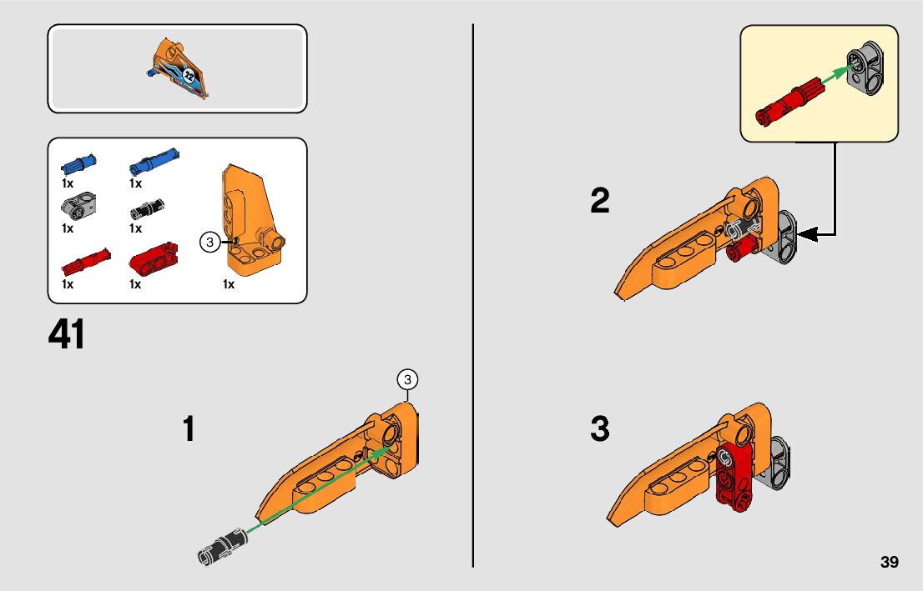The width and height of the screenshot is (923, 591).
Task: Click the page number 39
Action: (x=889, y=563)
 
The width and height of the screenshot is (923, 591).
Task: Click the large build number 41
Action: (x=67, y=335)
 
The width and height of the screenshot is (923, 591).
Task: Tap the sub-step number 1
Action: (x=189, y=429)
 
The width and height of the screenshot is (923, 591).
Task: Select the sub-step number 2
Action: (x=599, y=201)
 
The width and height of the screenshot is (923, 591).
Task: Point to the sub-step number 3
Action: (x=599, y=429)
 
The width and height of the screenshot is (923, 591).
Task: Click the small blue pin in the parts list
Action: (x=78, y=161)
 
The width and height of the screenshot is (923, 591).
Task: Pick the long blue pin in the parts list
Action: (x=154, y=158)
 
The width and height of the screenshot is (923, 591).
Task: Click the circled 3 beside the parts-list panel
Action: (x=210, y=243)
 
